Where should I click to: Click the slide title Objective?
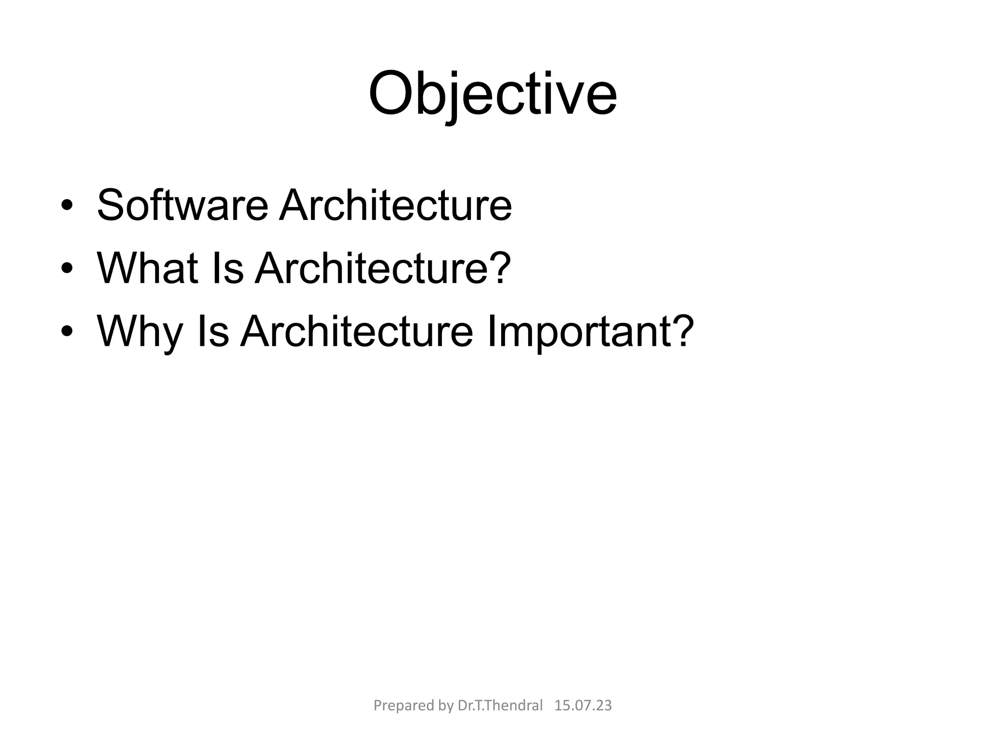coord(493,94)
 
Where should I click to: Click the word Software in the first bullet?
coord(182,205)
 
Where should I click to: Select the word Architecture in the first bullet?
coord(395,205)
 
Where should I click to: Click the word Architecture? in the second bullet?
coord(383,268)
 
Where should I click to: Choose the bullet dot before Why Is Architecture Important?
coord(67,332)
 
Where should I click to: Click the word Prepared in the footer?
coord(398,706)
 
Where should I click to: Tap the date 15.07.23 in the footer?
coord(583,706)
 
